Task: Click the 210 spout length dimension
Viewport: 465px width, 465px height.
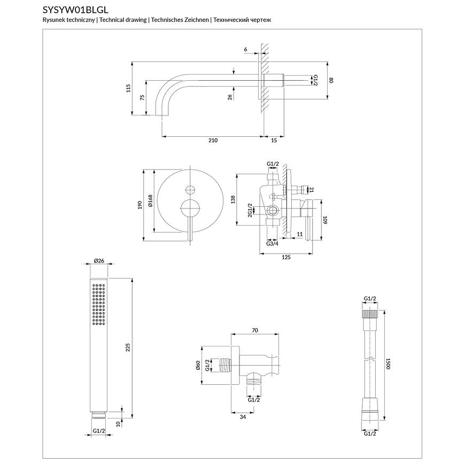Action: click(213, 141)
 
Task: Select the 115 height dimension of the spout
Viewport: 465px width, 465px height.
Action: click(128, 88)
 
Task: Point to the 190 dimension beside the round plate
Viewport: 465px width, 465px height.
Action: click(139, 205)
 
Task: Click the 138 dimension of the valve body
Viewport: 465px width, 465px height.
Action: click(232, 199)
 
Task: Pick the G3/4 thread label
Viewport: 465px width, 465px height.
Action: click(273, 244)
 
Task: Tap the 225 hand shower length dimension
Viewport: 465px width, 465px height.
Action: click(127, 348)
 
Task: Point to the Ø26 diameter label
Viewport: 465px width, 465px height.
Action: click(98, 260)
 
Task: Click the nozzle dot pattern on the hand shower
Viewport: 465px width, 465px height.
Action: click(98, 305)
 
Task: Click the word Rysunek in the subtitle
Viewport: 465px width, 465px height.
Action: click(53, 20)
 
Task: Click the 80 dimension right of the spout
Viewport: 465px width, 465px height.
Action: click(331, 80)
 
